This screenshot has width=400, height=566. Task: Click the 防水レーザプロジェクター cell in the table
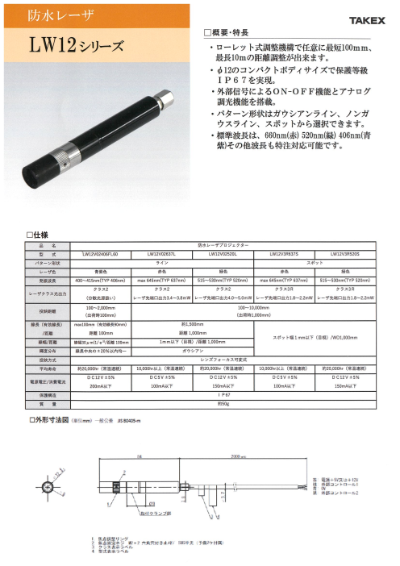tap(223, 243)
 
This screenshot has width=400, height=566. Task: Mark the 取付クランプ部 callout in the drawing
tap(155, 510)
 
